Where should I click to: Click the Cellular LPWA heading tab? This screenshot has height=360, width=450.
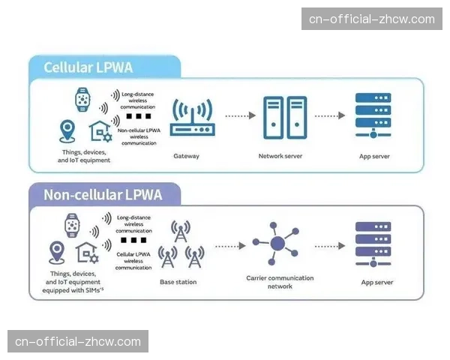(x=88, y=67)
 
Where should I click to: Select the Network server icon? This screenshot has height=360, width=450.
(x=284, y=117)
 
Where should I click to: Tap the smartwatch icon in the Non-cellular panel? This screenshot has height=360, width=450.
(x=73, y=224)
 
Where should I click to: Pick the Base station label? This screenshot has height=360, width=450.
(x=178, y=282)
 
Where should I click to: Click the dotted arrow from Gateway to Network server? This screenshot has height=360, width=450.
(x=239, y=116)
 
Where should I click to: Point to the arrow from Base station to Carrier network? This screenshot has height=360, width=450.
(x=230, y=245)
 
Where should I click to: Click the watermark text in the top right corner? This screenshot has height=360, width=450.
(x=372, y=19)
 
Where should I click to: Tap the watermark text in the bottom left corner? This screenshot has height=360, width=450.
(x=78, y=342)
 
